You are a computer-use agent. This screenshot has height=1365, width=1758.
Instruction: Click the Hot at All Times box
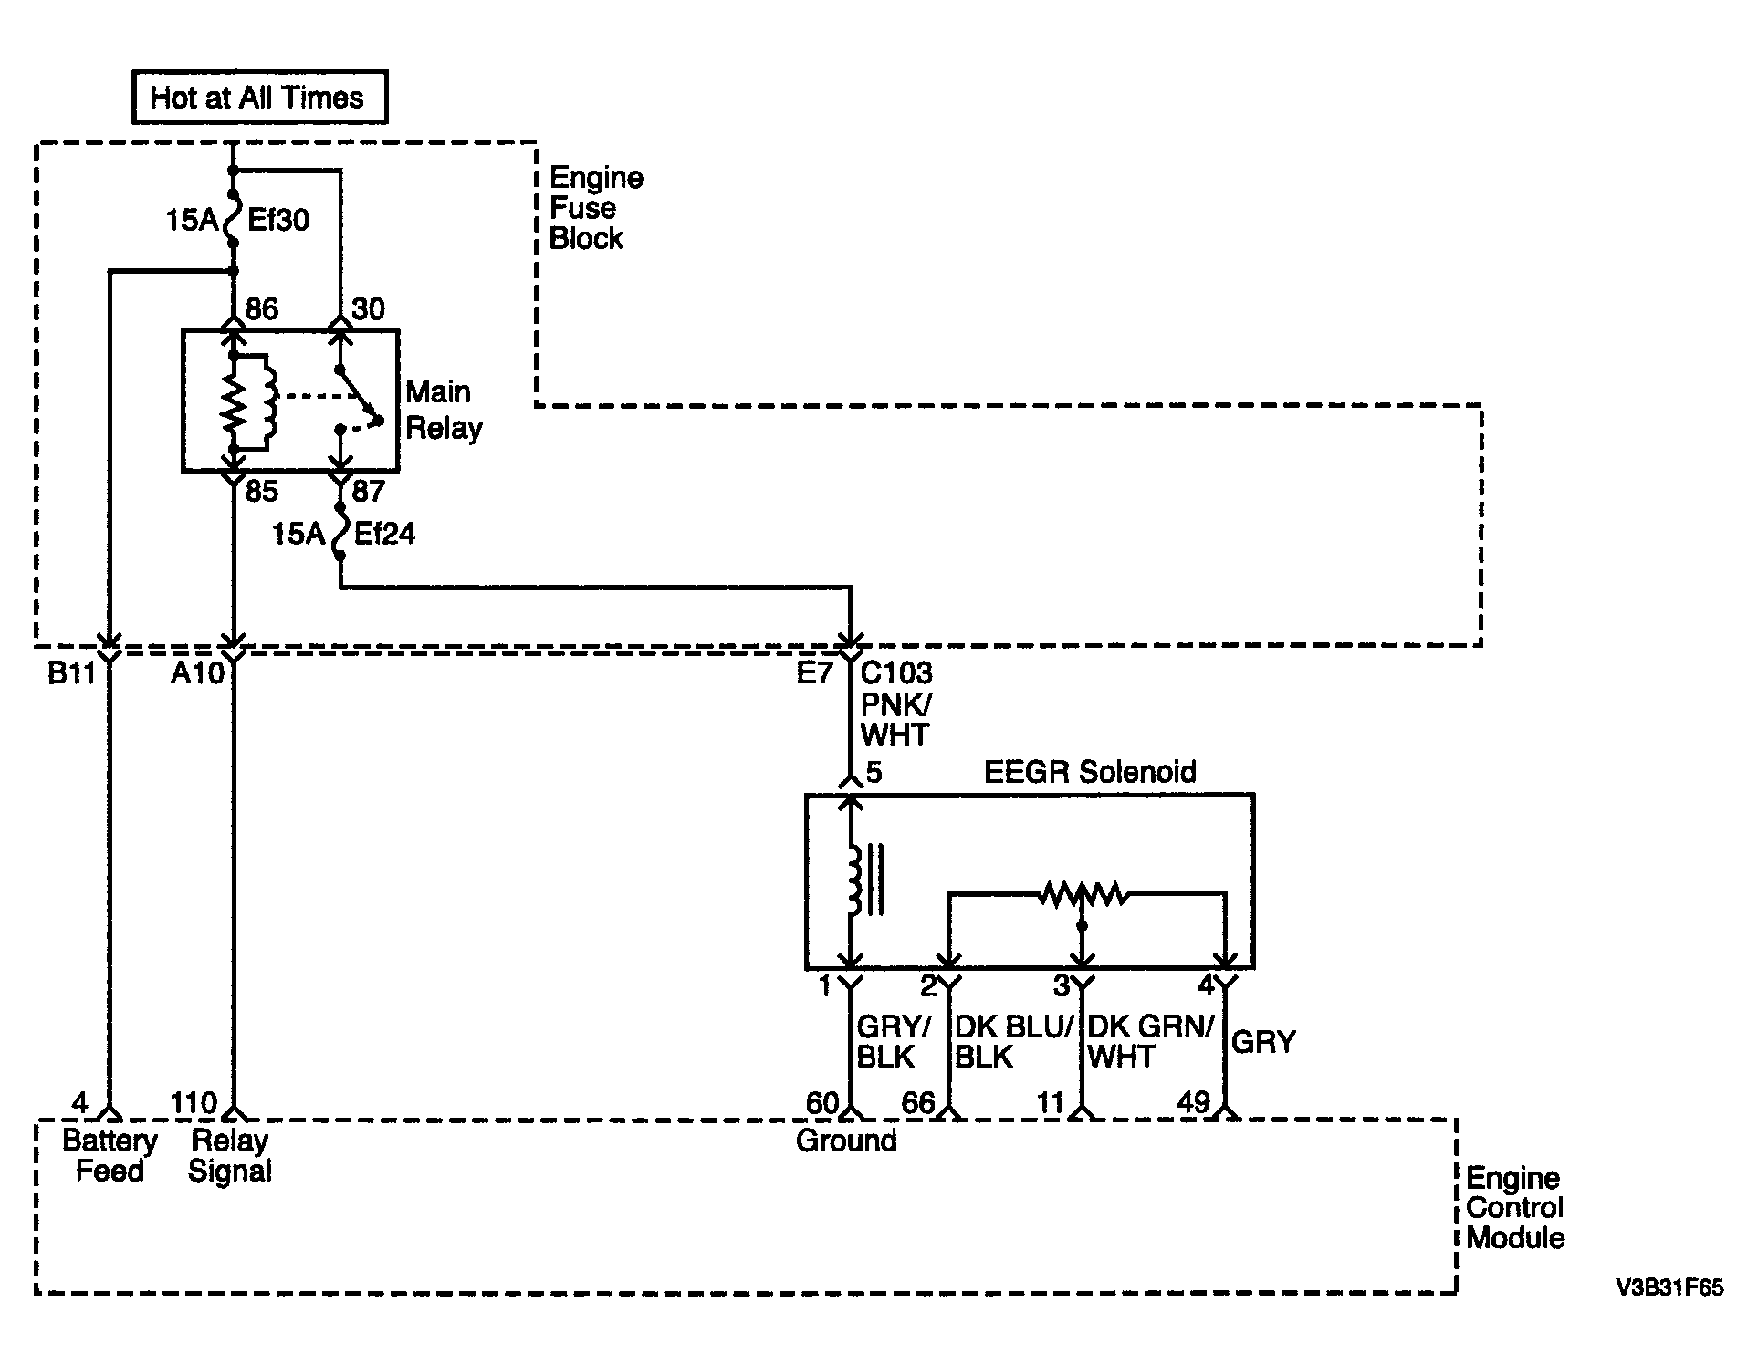pos(259,98)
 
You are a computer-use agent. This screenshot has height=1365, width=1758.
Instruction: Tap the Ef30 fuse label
pos(278,220)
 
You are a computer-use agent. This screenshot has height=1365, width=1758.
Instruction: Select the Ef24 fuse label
pos(384,534)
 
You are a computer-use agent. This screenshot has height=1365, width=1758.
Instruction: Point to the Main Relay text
pos(445,410)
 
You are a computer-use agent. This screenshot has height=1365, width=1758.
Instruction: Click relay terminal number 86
pos(261,309)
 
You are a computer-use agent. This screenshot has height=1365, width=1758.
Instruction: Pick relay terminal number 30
pos(368,309)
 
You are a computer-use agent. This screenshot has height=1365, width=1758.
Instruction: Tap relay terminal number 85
pos(261,492)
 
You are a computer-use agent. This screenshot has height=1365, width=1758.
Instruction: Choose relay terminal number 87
pos(368,492)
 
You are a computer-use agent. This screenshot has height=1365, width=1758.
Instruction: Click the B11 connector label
pos(71,674)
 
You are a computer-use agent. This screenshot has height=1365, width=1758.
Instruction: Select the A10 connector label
pos(198,674)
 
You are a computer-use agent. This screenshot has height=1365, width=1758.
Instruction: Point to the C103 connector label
pos(897,673)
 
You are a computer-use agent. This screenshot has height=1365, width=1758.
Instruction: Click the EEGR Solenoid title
pos(1090,772)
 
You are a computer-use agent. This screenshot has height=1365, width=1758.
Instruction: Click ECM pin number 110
pos(193,1103)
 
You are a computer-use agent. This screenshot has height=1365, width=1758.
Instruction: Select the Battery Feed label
pos(110,1156)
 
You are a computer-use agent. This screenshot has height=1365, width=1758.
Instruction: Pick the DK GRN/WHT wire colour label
pos(1150,1042)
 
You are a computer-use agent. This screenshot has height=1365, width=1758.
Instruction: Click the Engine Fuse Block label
pos(596,208)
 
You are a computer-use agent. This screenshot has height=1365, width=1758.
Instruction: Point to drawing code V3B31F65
pos(1669,1287)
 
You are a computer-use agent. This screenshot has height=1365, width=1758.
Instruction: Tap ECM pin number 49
pos(1193,1103)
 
